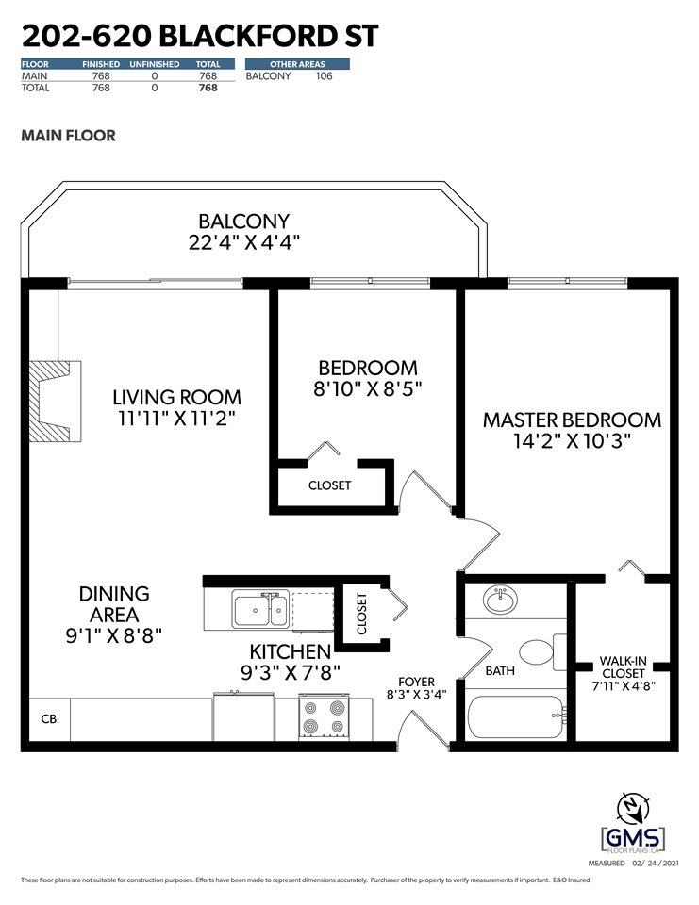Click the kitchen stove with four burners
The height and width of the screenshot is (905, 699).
coord(324,716)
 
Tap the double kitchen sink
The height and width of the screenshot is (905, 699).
coord(260,609)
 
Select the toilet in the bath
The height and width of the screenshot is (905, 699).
coord(543,652)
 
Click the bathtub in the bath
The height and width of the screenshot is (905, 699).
coord(516,717)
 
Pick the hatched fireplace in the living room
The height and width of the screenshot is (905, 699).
coord(55,402)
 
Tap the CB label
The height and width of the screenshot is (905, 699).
coord(49,719)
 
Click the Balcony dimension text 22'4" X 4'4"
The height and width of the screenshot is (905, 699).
coord(244,242)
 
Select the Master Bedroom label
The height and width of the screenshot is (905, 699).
coord(572,420)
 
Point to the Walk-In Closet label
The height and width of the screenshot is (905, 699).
coord(623,667)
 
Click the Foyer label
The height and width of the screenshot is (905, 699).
coord(416,682)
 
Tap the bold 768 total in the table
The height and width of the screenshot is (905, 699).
coord(208,88)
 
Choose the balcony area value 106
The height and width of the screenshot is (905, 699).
coord(325,76)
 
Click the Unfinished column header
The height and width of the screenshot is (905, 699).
coord(155,64)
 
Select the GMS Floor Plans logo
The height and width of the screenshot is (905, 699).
coord(633,838)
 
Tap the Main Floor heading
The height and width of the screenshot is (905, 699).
coord(68,136)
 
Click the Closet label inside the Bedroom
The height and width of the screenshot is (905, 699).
coord(329,485)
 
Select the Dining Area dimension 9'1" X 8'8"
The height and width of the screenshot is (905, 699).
coord(114,635)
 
